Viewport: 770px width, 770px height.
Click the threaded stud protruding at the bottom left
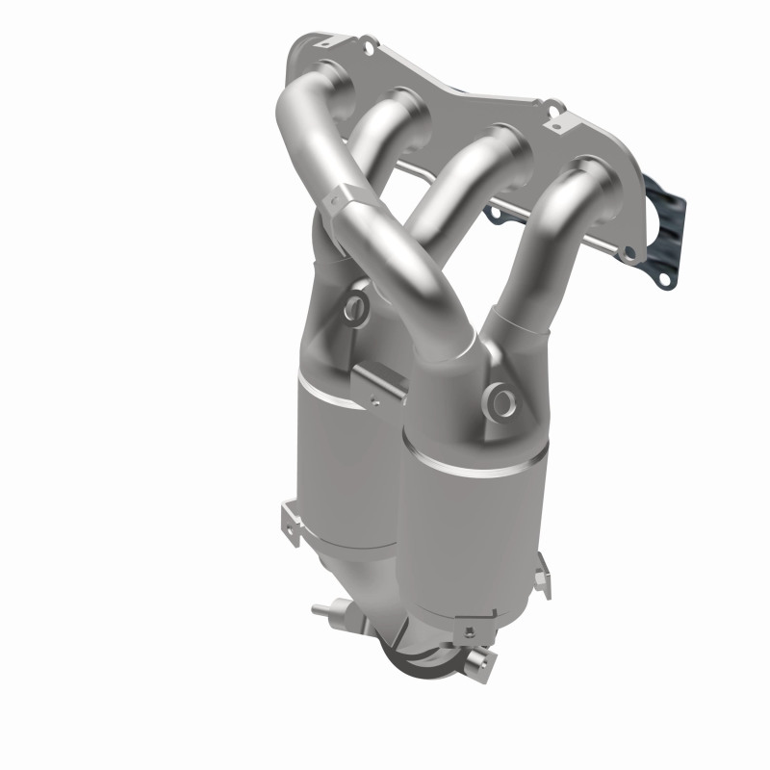click(x=321, y=609)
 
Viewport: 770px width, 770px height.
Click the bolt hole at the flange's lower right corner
click(x=630, y=255)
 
